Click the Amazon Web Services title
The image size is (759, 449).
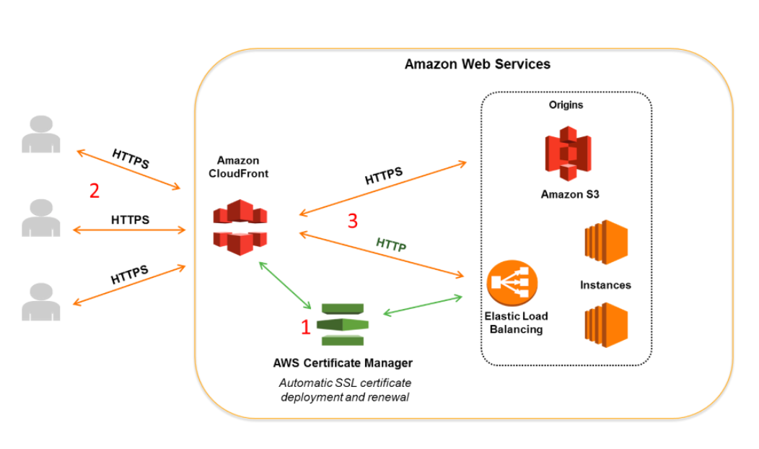[x=477, y=64]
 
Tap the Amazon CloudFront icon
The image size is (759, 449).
[x=239, y=227]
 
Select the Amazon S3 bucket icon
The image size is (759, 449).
[x=567, y=153]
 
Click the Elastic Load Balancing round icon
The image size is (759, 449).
[x=512, y=284]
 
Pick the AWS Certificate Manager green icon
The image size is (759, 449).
[x=342, y=324]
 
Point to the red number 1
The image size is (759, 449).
[x=305, y=328]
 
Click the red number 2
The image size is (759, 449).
[x=94, y=191]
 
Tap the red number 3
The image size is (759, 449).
[x=352, y=221]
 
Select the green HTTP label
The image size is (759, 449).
[x=391, y=244]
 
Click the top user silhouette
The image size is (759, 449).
[x=40, y=134]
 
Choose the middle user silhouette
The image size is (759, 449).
[x=40, y=217]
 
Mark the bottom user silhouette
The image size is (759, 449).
[x=40, y=301]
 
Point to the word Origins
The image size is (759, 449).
[x=566, y=105]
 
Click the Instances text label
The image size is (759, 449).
[x=605, y=285]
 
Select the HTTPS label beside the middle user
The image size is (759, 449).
[x=130, y=219]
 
